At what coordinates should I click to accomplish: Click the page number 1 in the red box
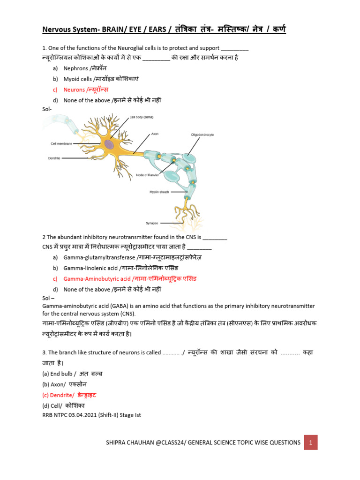[311, 442]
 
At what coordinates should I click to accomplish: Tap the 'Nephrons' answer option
[76, 69]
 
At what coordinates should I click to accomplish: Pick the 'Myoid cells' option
[78, 79]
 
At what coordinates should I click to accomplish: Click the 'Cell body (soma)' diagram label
[142, 117]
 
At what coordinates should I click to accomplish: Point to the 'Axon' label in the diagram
[155, 134]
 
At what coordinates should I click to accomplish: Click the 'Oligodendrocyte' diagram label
[202, 135]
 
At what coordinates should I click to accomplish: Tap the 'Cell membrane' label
[61, 144]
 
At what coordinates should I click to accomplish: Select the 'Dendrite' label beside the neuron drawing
[54, 158]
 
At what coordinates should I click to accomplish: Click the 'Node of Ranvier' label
[147, 175]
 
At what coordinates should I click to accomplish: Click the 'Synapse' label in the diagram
[152, 223]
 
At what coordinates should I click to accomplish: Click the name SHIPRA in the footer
[120, 442]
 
